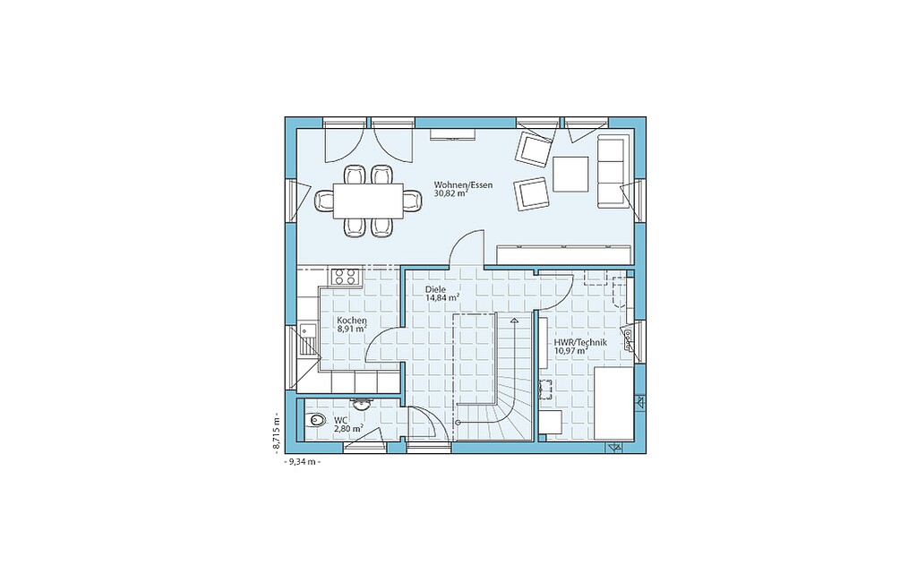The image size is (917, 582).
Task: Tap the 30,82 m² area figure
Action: point(450,193)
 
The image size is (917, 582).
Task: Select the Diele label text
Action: point(436,289)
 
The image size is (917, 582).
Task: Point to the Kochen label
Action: point(352,321)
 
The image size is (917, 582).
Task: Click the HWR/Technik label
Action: point(580,343)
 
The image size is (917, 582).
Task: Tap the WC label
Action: point(340,420)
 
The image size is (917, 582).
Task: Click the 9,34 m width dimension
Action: point(302,461)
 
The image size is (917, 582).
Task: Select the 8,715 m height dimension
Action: point(276,432)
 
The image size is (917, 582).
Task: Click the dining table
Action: point(368,201)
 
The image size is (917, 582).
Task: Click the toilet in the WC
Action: point(316,419)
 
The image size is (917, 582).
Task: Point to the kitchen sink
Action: point(308,340)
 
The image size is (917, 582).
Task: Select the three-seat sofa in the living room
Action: point(613,171)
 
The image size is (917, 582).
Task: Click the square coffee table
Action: point(570,174)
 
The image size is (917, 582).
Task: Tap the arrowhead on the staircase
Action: point(514,320)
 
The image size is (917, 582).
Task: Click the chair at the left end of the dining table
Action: point(324,201)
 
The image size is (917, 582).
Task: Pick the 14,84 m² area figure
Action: point(442,298)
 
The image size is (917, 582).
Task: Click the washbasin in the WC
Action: point(359,404)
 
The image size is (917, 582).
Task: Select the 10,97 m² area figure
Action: point(570,351)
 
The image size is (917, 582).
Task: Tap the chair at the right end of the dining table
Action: point(412,201)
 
